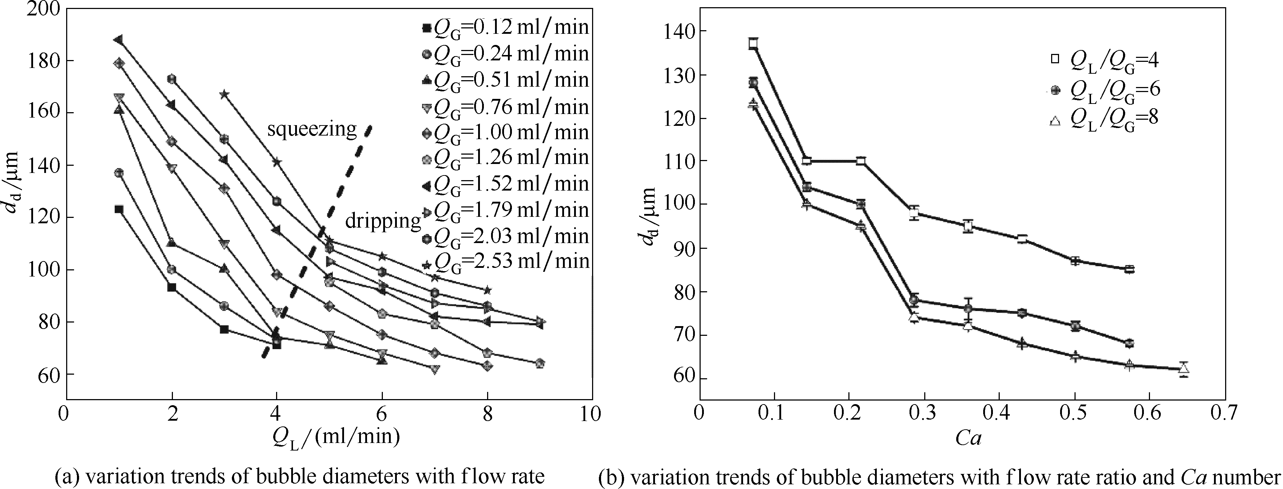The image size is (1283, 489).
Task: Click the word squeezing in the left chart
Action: (312, 129)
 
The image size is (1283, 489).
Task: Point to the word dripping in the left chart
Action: (383, 220)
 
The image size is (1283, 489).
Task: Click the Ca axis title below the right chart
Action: (968, 439)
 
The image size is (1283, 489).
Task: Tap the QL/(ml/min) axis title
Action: (336, 439)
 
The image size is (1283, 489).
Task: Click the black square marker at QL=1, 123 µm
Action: (119, 209)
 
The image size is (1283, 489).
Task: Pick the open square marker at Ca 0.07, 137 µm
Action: (753, 44)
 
